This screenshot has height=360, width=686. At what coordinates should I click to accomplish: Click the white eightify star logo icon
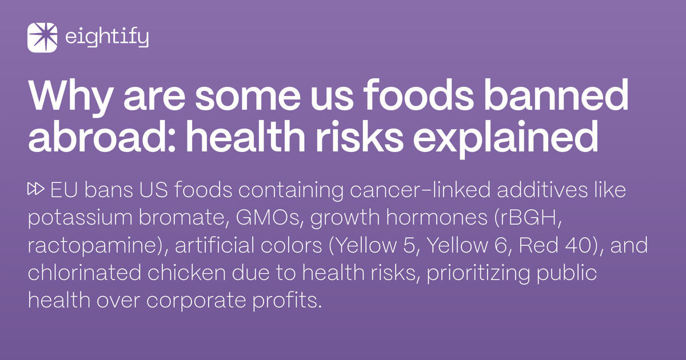(x=42, y=38)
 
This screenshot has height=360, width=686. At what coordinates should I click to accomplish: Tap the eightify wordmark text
(x=107, y=38)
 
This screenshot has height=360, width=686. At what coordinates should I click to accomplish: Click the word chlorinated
(x=77, y=273)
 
